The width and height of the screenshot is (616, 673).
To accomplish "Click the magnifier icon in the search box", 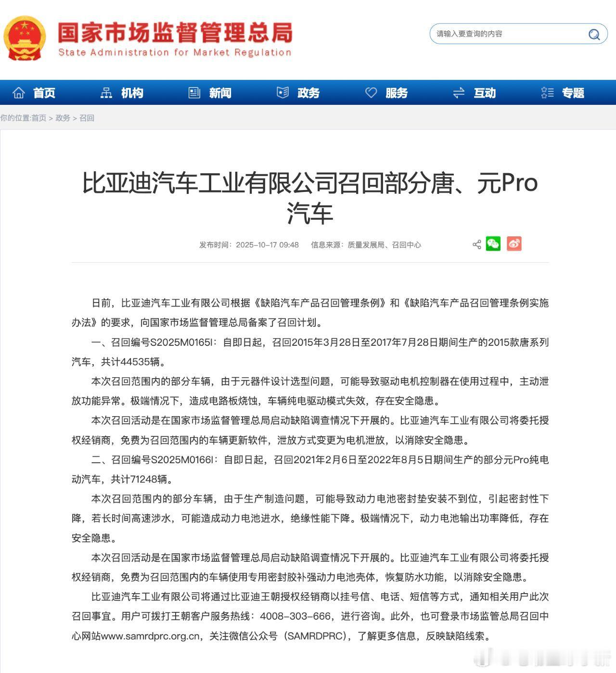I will pos(594,35).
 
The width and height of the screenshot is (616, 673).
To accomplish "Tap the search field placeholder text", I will pos(469,34).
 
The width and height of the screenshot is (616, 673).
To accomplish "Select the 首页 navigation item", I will pos(34,93).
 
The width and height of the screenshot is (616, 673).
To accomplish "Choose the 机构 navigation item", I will pos(122,93).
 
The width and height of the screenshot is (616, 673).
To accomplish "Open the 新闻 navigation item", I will pos(210,93).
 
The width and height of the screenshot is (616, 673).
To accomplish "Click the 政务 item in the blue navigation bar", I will pos(298,93).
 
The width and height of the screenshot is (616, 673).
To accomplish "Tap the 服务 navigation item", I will pos(387,93).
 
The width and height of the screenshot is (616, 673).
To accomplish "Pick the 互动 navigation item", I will pos(475,93).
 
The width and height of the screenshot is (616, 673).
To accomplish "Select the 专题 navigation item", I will pos(563,93).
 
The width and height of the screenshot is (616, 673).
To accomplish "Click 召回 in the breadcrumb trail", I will pos(87,118).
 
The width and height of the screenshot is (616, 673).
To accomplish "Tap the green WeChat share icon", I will pos(493,244).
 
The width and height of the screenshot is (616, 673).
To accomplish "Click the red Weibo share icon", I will pos(514,244).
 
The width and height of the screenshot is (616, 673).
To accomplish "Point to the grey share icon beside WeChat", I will pos(476,244).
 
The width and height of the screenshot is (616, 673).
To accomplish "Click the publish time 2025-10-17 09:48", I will pos(267,245).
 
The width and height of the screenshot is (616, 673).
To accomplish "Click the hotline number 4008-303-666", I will pos(295,616).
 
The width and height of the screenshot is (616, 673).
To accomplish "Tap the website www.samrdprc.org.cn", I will pos(150,636).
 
